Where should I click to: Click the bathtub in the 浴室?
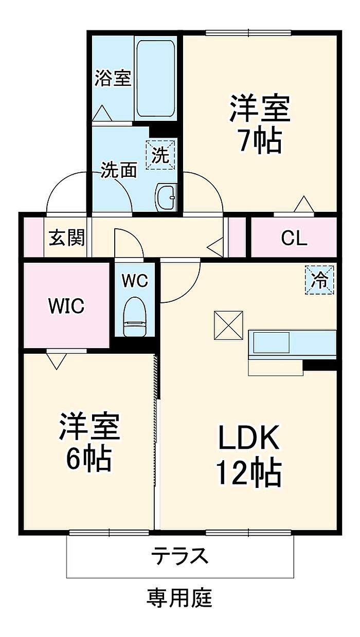[x=155, y=79]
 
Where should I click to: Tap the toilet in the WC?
[x=135, y=317]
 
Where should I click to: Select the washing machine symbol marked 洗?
[x=160, y=155]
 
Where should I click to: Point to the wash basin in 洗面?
[x=167, y=197]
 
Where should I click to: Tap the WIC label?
[x=66, y=306]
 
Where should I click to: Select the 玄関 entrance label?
[x=67, y=237]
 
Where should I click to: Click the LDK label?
[x=248, y=437]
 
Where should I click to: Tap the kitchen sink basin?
[x=271, y=342]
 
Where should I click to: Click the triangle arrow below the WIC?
[x=57, y=361]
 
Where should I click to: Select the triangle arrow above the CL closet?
[x=304, y=204]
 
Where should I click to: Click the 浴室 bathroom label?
[x=113, y=78]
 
